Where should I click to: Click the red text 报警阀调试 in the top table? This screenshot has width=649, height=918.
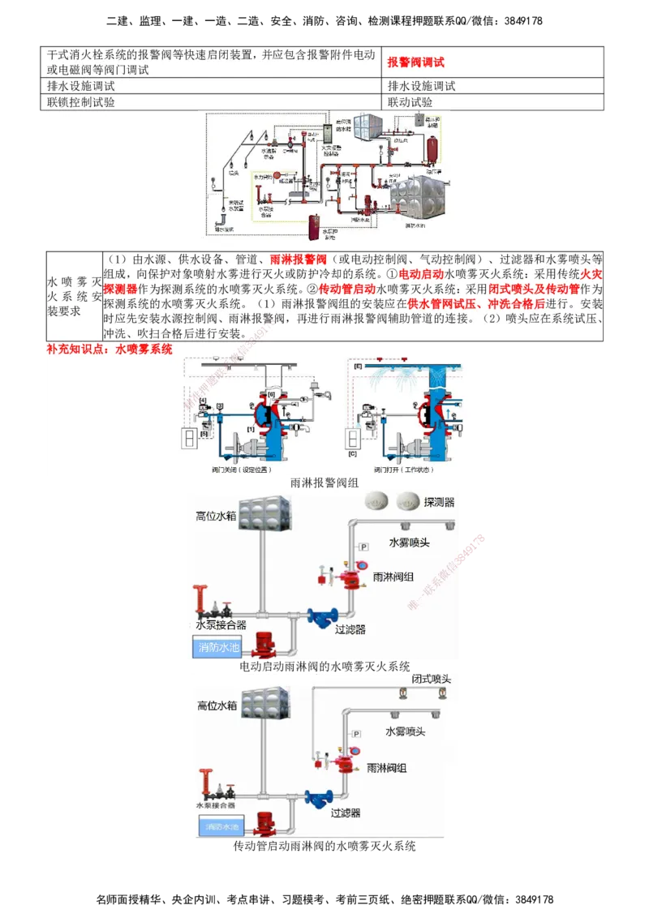pyautogui.click(x=416, y=62)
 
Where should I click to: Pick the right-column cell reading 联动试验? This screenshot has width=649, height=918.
pyautogui.click(x=410, y=103)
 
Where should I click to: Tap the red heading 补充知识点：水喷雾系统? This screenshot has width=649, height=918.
pyautogui.click(x=110, y=349)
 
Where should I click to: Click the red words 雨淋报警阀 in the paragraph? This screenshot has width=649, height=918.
pyautogui.click(x=298, y=260)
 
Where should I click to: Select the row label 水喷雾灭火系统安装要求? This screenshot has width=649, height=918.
pyautogui.click(x=74, y=296)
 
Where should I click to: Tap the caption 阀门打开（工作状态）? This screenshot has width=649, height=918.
pyautogui.click(x=404, y=470)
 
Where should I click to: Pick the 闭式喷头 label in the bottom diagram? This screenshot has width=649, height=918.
pyautogui.click(x=430, y=678)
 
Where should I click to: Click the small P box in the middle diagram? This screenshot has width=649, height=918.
pyautogui.click(x=363, y=546)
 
